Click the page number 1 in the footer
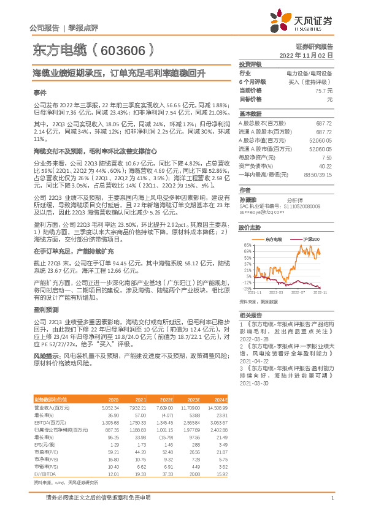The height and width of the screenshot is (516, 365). coord(331,498)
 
